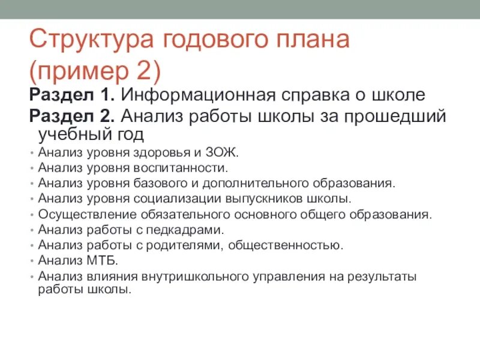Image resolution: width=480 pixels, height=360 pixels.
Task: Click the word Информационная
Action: (x=198, y=95)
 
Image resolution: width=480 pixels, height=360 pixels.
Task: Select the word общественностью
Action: (x=289, y=245)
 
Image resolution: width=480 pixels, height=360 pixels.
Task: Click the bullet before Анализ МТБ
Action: (x=31, y=261)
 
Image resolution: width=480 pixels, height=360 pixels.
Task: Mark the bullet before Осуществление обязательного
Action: (x=31, y=214)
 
